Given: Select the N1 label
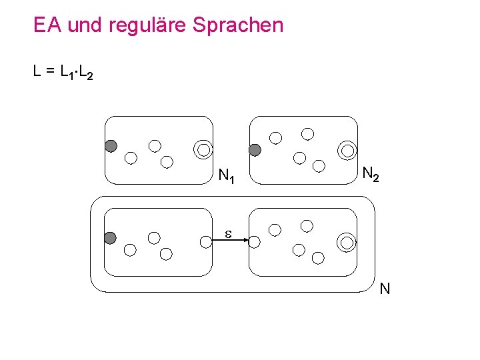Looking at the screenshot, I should [x=226, y=177].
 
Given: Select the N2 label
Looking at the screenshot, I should [x=371, y=174].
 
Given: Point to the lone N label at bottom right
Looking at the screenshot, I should [x=385, y=289].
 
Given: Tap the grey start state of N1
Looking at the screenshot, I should [x=111, y=146].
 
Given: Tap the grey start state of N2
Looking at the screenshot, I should [x=255, y=149].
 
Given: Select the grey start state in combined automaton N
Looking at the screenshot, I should [x=111, y=237].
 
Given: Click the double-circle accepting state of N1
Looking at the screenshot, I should [x=203, y=149].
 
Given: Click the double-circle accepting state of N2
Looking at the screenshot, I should [x=347, y=151].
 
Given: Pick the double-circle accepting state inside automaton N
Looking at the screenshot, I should [x=346, y=242].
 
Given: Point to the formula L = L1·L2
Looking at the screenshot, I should [x=63, y=71].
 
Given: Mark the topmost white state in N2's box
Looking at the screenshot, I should [x=307, y=133].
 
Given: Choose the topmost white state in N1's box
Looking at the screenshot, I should [x=155, y=145].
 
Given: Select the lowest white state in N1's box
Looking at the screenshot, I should [x=167, y=162].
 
